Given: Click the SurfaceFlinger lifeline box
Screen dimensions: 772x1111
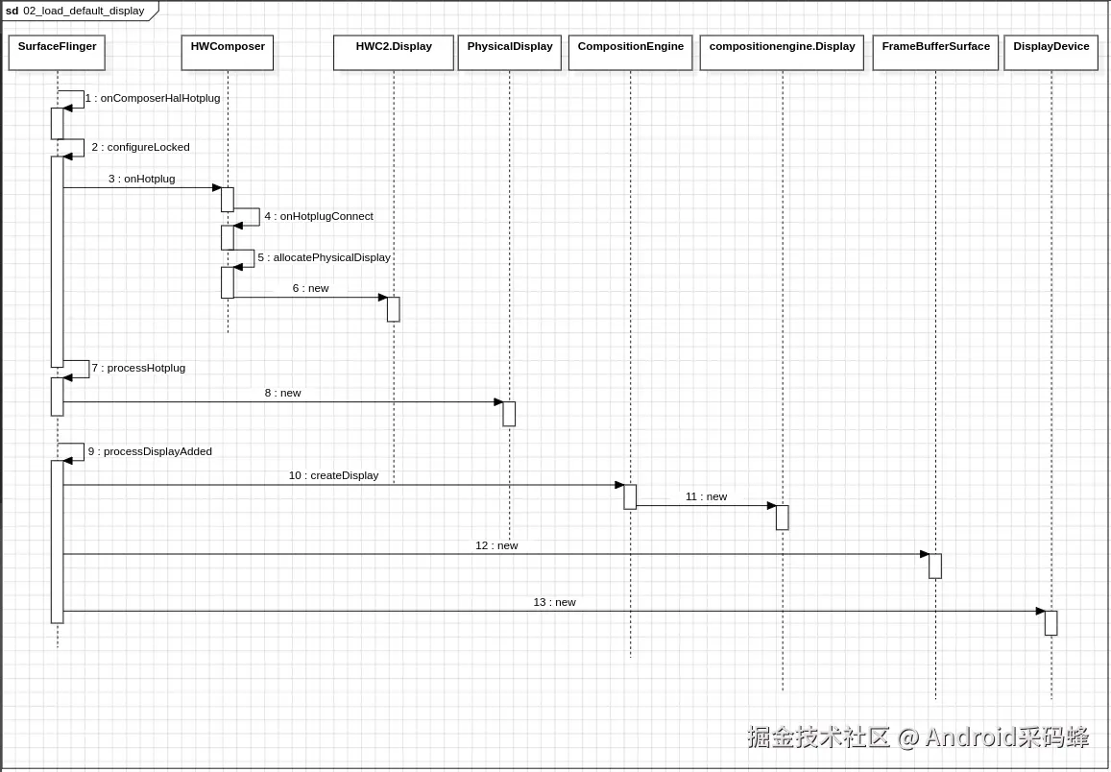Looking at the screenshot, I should pyautogui.click(x=57, y=53).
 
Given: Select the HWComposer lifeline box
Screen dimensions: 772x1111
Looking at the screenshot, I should pyautogui.click(x=228, y=53).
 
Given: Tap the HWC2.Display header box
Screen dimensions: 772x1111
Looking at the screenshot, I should pyautogui.click(x=394, y=53).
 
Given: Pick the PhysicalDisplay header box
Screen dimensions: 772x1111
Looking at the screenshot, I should pyautogui.click(x=510, y=53).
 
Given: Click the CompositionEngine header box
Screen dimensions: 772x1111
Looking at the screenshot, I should pyautogui.click(x=631, y=53).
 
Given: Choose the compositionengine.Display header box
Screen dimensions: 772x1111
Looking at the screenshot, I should pyautogui.click(x=782, y=53).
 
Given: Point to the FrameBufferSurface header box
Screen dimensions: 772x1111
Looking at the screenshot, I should pyautogui.click(x=935, y=53).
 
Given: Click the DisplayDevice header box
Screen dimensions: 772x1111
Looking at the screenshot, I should pyautogui.click(x=1051, y=53).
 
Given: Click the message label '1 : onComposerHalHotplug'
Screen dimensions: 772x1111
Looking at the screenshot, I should pyautogui.click(x=153, y=98).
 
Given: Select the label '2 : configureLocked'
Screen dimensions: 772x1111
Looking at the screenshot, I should pyautogui.click(x=140, y=147).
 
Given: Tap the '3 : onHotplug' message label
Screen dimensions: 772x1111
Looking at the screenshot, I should pyautogui.click(x=142, y=179).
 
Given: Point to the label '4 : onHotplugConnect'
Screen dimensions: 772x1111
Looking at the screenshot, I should pyautogui.click(x=319, y=216).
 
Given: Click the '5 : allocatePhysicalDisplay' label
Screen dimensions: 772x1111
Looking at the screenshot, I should pyautogui.click(x=324, y=257).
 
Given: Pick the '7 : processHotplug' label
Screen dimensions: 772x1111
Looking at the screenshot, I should pyautogui.click(x=138, y=368).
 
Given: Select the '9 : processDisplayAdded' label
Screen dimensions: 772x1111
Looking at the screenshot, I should pyautogui.click(x=150, y=451).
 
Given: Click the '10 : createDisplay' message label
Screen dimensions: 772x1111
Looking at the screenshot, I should pyautogui.click(x=333, y=475).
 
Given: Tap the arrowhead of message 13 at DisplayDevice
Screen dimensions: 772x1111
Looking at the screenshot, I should pyautogui.click(x=1040, y=611).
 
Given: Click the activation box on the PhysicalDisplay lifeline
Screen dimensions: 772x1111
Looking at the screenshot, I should pyautogui.click(x=509, y=414).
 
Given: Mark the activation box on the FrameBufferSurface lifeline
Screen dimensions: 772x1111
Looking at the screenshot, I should pyautogui.click(x=935, y=566).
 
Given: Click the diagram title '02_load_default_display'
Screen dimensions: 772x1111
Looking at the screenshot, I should pyautogui.click(x=84, y=11).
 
